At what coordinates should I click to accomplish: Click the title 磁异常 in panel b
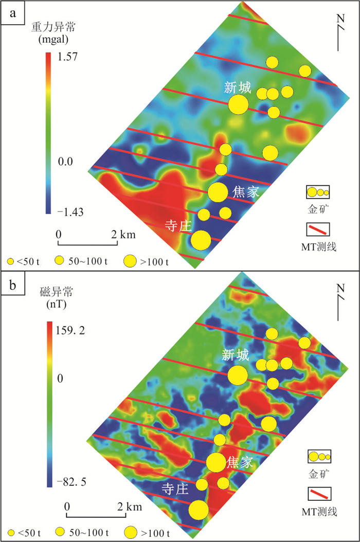tap(57, 293)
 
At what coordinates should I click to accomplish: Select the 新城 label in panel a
tap(237, 88)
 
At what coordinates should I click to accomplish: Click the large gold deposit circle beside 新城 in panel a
tap(238, 104)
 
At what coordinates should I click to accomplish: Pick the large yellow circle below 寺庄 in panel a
tap(201, 239)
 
